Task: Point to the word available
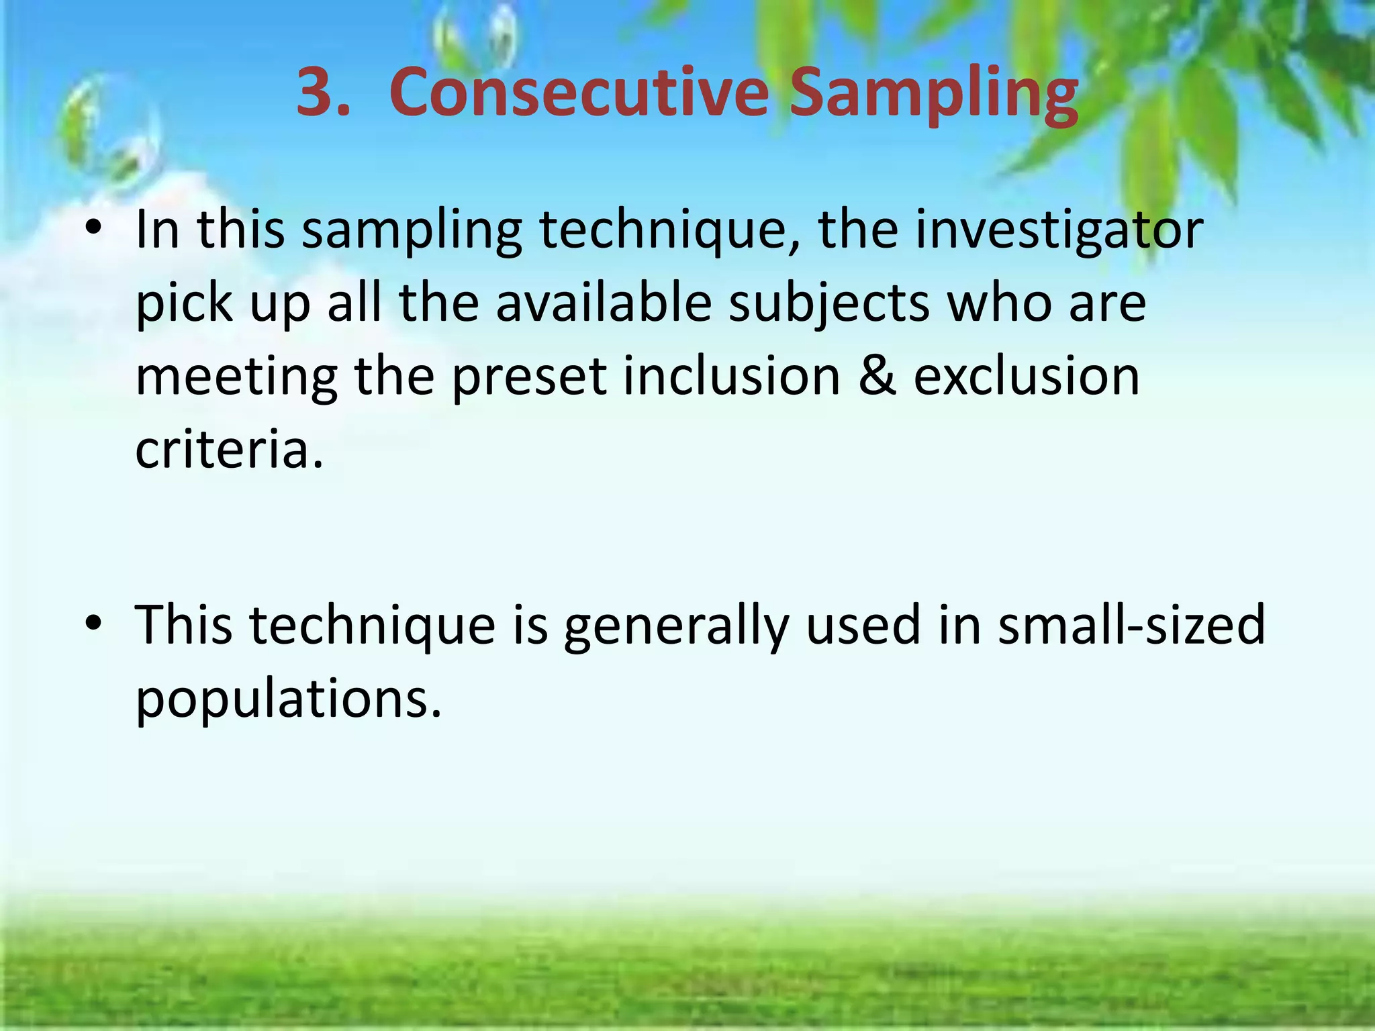[x=604, y=303]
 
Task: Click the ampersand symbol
[x=877, y=377]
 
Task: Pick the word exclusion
[x=1027, y=377]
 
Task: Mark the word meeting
[x=236, y=378]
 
